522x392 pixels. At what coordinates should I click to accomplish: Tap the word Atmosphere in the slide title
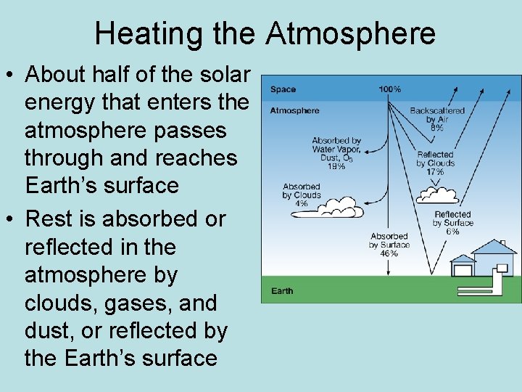[x=350, y=33]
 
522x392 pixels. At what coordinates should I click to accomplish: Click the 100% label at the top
[x=389, y=89]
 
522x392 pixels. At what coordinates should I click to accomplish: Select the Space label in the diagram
[x=283, y=90]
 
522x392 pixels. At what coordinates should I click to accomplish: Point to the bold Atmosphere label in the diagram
[x=294, y=111]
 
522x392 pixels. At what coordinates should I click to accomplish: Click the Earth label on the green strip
[x=282, y=291]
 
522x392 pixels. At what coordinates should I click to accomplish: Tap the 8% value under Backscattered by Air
[x=436, y=127]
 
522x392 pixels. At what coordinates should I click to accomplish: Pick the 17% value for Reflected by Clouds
[x=435, y=172]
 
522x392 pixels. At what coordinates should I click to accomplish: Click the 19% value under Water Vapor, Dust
[x=336, y=166]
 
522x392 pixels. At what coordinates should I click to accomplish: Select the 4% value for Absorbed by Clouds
[x=301, y=204]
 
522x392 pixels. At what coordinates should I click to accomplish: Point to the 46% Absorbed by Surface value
[x=389, y=253]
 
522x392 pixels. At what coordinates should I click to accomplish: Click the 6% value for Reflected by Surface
[x=452, y=232]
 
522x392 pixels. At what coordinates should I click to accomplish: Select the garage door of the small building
[x=461, y=271]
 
